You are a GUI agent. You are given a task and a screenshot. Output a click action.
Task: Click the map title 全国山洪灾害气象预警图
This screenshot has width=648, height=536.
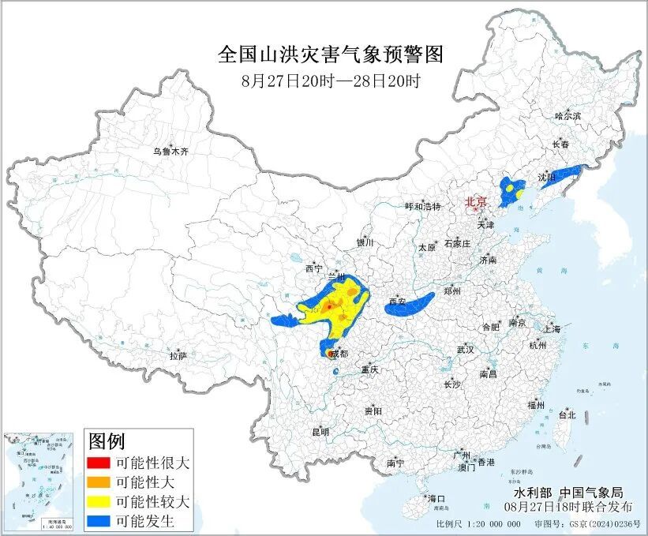tap(330, 54)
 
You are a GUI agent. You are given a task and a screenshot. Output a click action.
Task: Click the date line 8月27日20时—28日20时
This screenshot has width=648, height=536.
tap(330, 80)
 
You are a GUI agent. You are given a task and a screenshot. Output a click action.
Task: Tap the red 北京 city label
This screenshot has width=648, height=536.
tap(476, 201)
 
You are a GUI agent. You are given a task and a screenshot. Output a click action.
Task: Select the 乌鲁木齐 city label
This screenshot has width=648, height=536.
tap(171, 151)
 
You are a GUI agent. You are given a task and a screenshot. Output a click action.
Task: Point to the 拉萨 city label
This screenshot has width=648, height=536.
tap(178, 356)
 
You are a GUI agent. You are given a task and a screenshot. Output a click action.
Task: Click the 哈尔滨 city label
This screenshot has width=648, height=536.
tap(567, 115)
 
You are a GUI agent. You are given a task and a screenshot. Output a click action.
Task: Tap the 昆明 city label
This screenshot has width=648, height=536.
tap(320, 432)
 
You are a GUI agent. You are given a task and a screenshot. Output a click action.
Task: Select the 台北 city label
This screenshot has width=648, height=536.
tap(567, 414)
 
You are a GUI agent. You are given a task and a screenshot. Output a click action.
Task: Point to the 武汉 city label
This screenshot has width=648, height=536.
tap(465, 349)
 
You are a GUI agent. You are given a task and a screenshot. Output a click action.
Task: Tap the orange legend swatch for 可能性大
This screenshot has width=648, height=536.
tap(99, 482)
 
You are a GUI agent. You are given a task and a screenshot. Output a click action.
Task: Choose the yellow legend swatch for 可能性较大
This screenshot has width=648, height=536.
tap(99, 502)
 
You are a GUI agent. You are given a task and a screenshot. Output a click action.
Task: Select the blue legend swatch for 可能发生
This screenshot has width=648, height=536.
tap(99, 521)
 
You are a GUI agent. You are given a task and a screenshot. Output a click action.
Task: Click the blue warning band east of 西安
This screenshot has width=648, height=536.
tap(409, 304)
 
